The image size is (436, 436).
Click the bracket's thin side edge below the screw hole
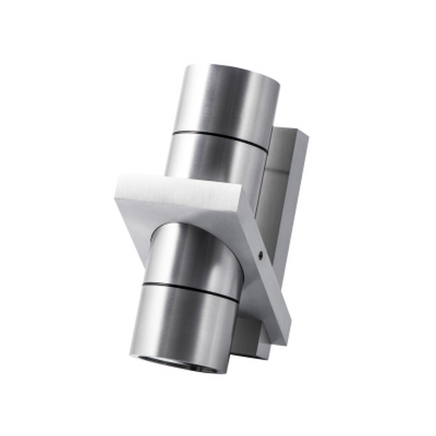pyautogui.click(x=272, y=291)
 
